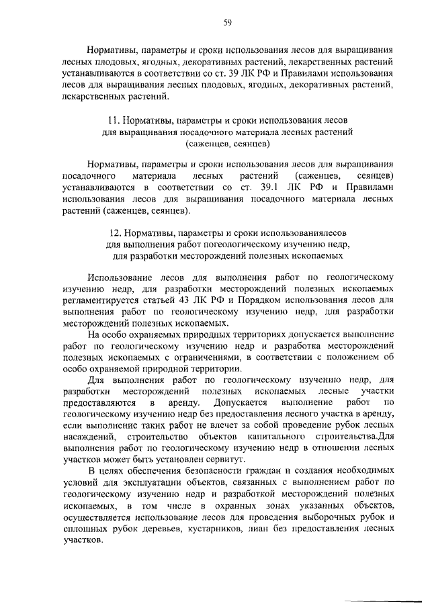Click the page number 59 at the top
[x=227, y=22]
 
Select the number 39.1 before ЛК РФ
[x=267, y=187]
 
